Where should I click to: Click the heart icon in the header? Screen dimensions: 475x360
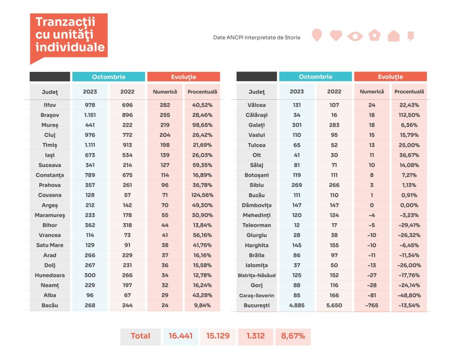click(x=336, y=35)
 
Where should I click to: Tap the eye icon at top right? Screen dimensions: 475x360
click(x=355, y=36)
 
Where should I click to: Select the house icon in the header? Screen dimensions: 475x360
click(x=393, y=36)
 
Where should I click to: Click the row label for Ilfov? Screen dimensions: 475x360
click(x=50, y=105)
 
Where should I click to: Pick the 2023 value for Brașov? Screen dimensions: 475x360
click(x=90, y=115)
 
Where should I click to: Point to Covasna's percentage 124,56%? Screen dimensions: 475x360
click(x=202, y=195)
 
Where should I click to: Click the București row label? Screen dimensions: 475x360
click(x=257, y=305)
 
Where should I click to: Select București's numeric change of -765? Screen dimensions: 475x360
click(x=372, y=305)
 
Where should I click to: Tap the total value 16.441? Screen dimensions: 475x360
click(x=180, y=336)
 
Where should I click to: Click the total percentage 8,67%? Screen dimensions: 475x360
click(x=293, y=336)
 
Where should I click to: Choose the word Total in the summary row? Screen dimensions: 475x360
click(x=141, y=336)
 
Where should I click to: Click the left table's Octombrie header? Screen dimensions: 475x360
click(x=109, y=77)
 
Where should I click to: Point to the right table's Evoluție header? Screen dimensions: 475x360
click(x=391, y=77)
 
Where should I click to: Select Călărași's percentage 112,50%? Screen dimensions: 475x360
click(x=409, y=115)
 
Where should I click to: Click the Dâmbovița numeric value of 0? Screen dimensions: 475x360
click(x=372, y=205)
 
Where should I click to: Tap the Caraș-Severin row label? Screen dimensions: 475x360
click(x=257, y=296)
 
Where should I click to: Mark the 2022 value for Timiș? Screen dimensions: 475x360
click(x=127, y=145)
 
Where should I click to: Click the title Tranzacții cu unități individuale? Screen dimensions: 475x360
click(x=70, y=34)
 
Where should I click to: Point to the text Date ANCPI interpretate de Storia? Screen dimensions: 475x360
click(x=257, y=38)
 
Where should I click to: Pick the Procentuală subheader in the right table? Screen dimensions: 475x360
click(x=409, y=91)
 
